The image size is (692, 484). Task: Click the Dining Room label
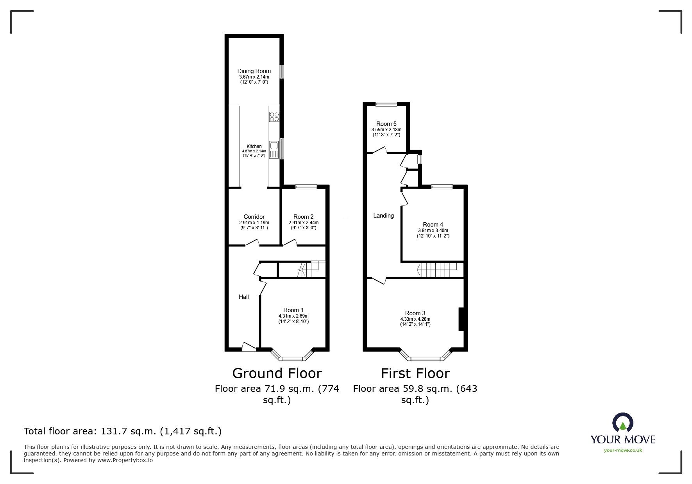[x=254, y=71]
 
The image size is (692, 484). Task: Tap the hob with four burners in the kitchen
[x=274, y=116]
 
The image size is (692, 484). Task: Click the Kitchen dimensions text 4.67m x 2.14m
[x=254, y=151]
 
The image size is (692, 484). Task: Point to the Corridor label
[x=254, y=217]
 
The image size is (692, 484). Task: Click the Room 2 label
[x=303, y=217]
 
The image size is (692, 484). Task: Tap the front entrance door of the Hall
[x=248, y=347]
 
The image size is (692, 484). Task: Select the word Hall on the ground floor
[x=244, y=297]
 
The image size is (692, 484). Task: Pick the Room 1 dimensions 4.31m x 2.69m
[x=293, y=316]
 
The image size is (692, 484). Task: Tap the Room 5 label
[x=386, y=124]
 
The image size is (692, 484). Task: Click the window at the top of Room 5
[x=386, y=104]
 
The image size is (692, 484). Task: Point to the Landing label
[x=383, y=216]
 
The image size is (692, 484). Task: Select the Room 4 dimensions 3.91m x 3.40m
[x=433, y=230]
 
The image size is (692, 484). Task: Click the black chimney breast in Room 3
[x=461, y=319]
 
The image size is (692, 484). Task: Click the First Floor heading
[x=415, y=373]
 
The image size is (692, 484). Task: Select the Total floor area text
[x=123, y=431]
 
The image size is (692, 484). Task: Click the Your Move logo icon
[x=622, y=423]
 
